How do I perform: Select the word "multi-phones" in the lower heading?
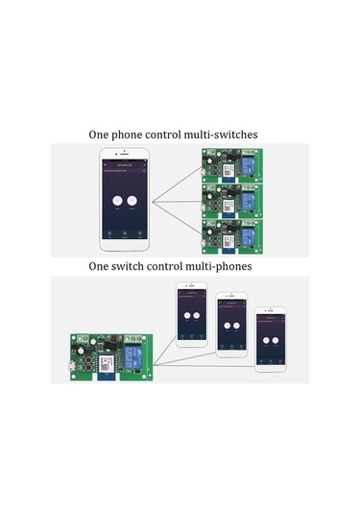point(227,264)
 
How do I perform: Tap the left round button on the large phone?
point(117,202)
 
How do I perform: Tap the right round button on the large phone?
point(134,202)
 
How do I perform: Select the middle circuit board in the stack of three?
point(228,201)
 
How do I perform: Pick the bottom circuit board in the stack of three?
point(228,233)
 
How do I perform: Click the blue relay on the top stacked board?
point(247,168)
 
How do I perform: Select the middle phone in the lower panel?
point(230,325)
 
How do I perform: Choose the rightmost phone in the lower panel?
point(270,339)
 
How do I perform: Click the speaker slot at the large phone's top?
point(126,158)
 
